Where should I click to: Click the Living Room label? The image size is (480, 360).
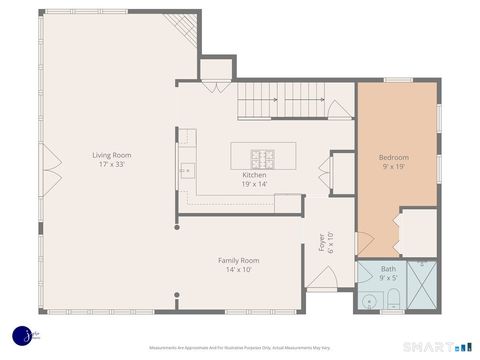112,155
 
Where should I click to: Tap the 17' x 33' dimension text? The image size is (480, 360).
112,164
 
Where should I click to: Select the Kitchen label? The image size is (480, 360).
254,175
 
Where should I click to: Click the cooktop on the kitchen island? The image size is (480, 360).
263,157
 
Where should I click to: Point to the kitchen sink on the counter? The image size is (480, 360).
186,170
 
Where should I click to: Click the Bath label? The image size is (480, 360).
388,268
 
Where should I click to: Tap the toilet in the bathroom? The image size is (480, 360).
394,298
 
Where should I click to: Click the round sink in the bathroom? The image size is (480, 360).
369,300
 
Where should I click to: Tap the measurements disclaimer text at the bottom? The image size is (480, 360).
239,348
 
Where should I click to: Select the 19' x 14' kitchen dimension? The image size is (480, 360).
254,184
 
